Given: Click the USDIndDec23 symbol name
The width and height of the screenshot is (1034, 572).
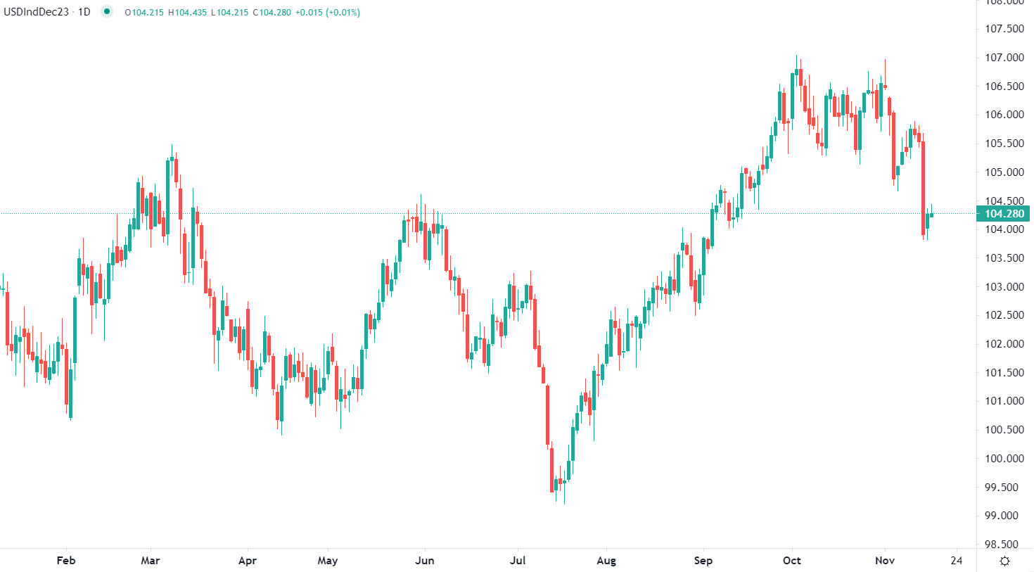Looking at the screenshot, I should click(x=37, y=12).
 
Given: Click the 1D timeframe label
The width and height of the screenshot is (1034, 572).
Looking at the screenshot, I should click(x=84, y=12).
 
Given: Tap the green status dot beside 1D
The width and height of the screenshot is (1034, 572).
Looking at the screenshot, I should click(x=107, y=11).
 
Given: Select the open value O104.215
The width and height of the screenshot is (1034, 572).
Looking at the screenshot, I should click(x=144, y=13).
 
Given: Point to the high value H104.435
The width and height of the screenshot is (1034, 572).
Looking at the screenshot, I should click(x=187, y=13).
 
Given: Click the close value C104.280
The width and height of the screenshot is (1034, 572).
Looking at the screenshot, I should click(x=272, y=13).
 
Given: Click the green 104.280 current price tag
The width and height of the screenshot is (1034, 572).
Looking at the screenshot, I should click(x=1004, y=214).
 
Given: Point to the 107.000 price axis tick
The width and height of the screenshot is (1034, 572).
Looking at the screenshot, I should click(x=1004, y=58).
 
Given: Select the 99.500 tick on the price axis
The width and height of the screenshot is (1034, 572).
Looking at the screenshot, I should click(x=1004, y=487).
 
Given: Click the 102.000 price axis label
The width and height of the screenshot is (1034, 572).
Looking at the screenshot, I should click(x=1004, y=344).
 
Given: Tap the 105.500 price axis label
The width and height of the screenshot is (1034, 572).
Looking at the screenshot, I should click(x=1004, y=144).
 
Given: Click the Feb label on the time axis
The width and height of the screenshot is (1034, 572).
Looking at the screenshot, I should click(x=65, y=561).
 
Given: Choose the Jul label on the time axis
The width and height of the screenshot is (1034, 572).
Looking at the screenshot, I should click(x=518, y=561).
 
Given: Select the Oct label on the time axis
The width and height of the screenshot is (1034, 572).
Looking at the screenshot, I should click(x=792, y=561).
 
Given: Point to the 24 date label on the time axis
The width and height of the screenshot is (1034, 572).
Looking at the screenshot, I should click(x=956, y=561).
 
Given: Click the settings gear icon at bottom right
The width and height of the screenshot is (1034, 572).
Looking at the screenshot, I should click(x=1005, y=561).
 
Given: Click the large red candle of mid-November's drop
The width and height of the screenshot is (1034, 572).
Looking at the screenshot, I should click(x=923, y=186).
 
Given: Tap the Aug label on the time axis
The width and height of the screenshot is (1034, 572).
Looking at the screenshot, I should click(x=606, y=561).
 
